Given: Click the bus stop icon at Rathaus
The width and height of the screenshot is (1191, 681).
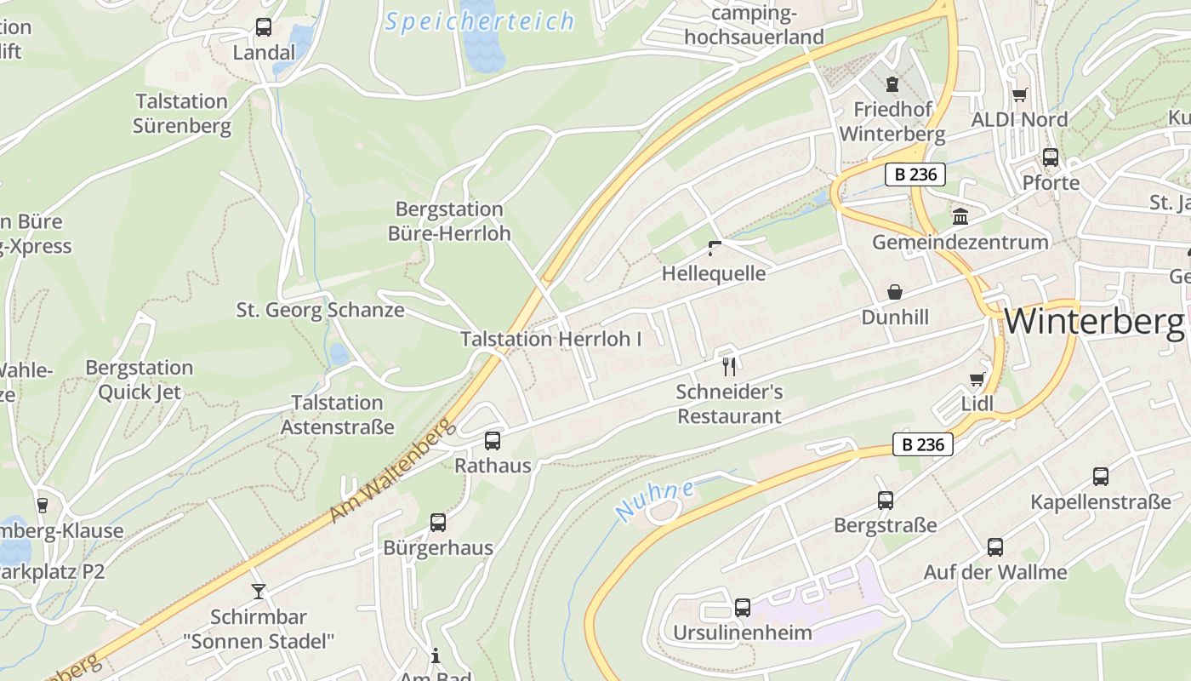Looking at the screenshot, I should (x=493, y=441).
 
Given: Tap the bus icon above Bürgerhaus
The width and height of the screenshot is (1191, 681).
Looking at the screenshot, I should (x=438, y=523).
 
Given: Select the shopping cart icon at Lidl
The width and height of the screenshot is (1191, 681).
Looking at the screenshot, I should (x=977, y=379).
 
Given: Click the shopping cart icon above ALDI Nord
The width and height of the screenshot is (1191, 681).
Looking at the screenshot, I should (x=1019, y=94).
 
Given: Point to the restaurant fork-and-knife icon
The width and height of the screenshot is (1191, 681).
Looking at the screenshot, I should (x=728, y=367).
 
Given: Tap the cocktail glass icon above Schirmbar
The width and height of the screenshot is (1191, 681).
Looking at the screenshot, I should (x=259, y=591).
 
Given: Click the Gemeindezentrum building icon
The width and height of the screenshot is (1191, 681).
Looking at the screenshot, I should (x=960, y=217).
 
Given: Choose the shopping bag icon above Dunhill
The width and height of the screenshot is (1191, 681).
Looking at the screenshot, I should (x=895, y=293).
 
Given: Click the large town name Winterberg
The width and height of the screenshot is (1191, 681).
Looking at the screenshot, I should (x=1094, y=322).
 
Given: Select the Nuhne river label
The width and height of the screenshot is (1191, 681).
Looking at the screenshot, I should (x=655, y=501).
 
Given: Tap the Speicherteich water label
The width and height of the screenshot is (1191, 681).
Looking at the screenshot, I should (x=480, y=22).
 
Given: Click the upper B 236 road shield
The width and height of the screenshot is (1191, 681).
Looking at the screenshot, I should (x=915, y=175).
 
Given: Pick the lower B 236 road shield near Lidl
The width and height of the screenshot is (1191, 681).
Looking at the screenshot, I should (x=923, y=444).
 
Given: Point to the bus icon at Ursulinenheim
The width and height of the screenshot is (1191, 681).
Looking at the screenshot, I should (x=743, y=608).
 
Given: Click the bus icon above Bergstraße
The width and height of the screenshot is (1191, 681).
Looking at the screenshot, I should (x=886, y=501).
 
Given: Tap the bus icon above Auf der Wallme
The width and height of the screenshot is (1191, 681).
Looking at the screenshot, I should (x=995, y=547).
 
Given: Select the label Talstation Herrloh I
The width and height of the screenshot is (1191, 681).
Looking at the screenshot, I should (x=551, y=339).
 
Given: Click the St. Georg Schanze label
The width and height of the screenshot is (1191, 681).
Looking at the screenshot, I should (x=320, y=310).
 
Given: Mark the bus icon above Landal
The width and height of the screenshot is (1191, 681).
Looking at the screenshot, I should (x=264, y=27).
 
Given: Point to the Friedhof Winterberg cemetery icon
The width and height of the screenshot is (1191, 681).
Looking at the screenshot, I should (x=892, y=84).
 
